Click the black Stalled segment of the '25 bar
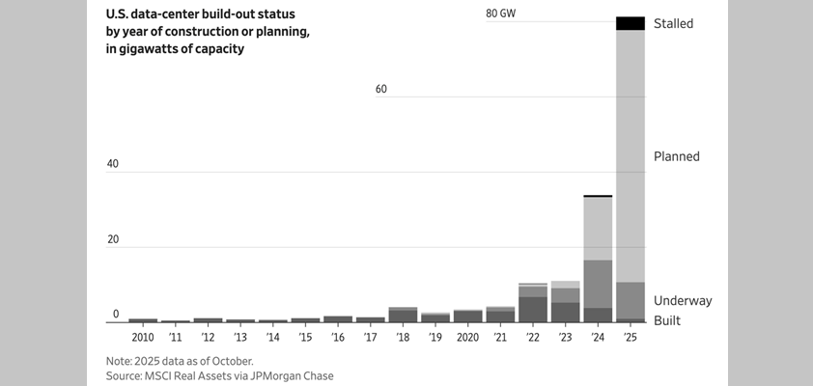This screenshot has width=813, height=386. click(x=631, y=23)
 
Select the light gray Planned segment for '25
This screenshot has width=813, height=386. click(x=631, y=154)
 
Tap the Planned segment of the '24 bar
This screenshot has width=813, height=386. click(x=598, y=228)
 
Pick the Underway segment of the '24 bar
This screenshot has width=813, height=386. click(x=598, y=284)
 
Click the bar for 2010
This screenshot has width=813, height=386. click(x=143, y=319)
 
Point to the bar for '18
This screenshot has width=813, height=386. click(x=403, y=315)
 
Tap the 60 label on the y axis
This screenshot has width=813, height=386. click(x=380, y=89)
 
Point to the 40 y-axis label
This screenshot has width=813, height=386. click(x=113, y=164)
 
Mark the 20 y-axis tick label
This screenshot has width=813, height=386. click(x=113, y=239)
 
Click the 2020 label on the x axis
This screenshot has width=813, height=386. click(x=467, y=338)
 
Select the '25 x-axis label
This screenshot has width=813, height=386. click(x=631, y=338)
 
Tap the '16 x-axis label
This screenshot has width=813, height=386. click(x=338, y=338)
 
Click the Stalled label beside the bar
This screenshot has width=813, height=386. click(x=673, y=23)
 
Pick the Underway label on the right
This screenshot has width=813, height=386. click(x=682, y=300)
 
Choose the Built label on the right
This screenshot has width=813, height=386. click(x=667, y=319)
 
